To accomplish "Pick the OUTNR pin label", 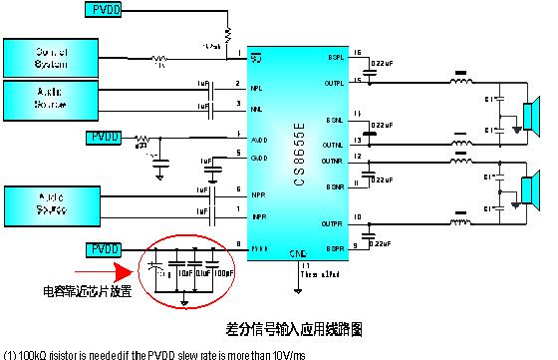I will click(332, 160).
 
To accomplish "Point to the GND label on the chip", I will click(296, 253).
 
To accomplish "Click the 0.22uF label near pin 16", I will click(379, 64).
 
